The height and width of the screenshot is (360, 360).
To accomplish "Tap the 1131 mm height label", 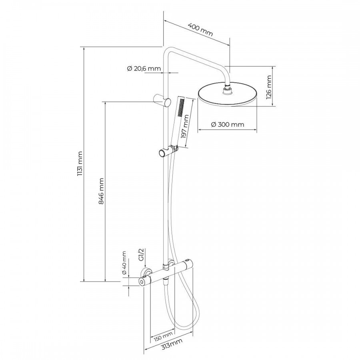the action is (80, 163).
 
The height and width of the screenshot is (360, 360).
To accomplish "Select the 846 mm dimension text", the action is (101, 191).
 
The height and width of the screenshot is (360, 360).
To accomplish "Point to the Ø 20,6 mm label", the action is (144, 68).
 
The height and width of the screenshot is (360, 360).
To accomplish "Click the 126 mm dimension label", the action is (269, 87).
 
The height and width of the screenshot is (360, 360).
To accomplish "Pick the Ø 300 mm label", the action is (227, 124).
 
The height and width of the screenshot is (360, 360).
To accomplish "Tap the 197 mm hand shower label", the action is (185, 126).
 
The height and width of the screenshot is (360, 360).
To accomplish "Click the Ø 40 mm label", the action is (124, 263).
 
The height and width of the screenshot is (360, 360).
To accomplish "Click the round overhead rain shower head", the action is (228, 94).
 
